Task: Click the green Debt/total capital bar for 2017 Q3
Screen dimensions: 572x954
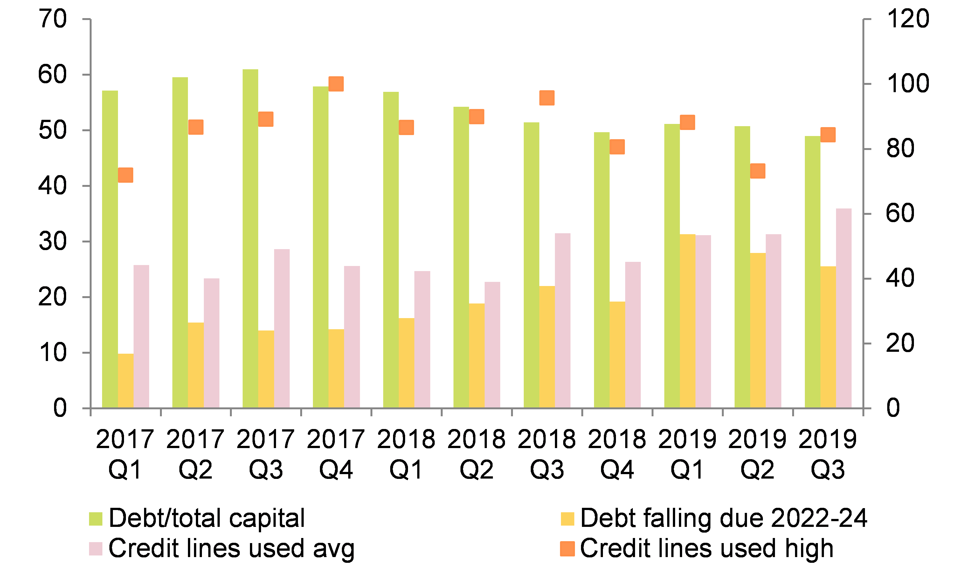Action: (x=250, y=239)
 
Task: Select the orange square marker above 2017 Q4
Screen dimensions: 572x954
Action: (x=336, y=84)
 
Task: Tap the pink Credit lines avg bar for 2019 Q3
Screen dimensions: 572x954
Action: (x=844, y=308)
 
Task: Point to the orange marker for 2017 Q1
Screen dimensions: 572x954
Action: (x=125, y=175)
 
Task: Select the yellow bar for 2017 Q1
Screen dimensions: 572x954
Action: (x=125, y=381)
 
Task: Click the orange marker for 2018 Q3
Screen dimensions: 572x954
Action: (x=547, y=98)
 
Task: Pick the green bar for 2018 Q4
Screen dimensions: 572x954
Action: (x=602, y=270)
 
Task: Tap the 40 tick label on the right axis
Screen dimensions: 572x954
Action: (x=900, y=278)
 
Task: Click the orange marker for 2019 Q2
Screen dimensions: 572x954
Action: (x=758, y=171)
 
